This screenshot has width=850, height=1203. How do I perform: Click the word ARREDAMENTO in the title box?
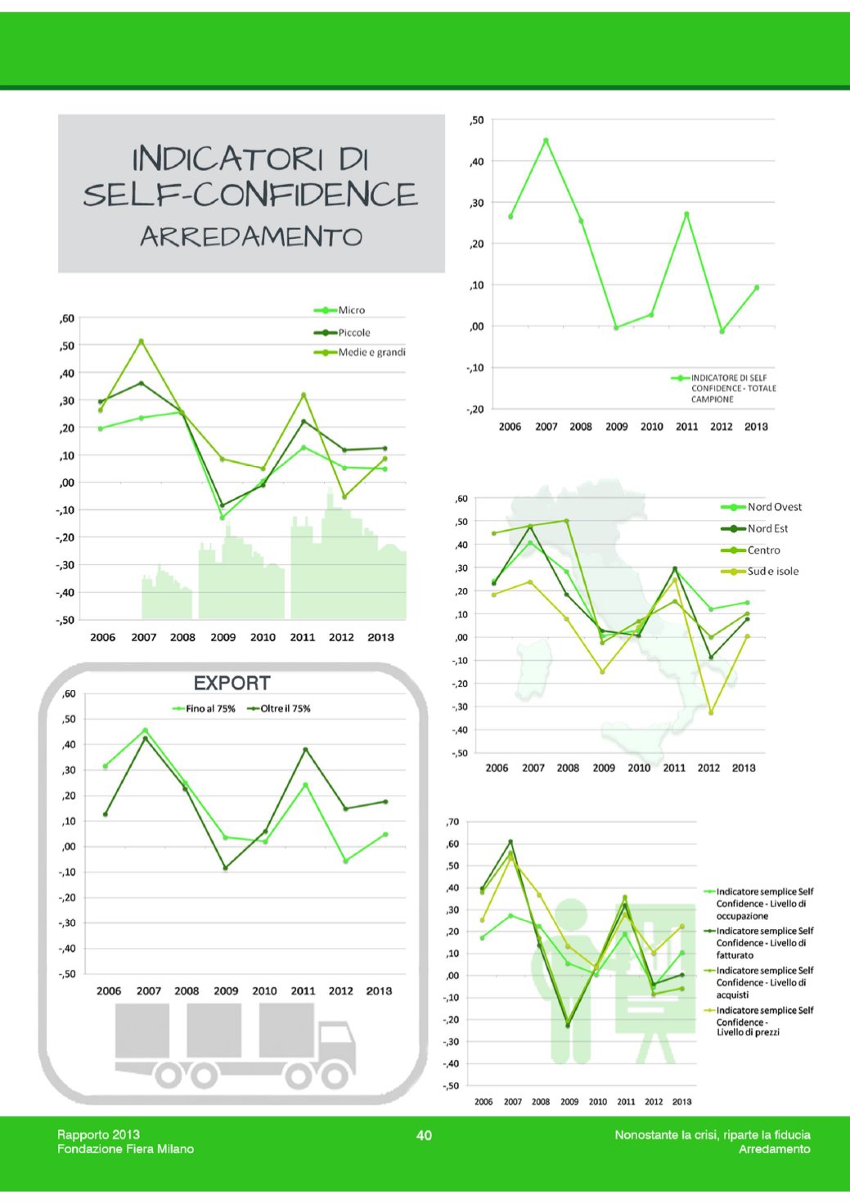point(251,236)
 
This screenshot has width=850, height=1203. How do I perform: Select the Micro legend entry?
point(351,310)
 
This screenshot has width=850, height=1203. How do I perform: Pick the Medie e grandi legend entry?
point(371,352)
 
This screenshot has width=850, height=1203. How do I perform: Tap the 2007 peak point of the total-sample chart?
point(546,141)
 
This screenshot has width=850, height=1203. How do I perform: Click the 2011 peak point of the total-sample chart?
point(686,214)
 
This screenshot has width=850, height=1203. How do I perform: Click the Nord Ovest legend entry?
point(774,507)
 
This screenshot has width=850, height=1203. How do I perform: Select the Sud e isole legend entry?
point(772,572)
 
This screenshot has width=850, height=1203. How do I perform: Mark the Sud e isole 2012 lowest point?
point(711,712)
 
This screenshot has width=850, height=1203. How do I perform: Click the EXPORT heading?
point(232,683)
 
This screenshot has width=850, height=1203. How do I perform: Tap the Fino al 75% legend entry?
point(209,709)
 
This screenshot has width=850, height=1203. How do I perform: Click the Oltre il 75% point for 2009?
point(226,868)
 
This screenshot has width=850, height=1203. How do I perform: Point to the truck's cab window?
point(335,1035)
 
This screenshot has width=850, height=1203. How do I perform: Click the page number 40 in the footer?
point(424,1135)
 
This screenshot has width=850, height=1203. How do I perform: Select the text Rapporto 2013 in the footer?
point(98,1134)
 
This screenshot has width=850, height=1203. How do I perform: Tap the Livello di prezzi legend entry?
point(764,1021)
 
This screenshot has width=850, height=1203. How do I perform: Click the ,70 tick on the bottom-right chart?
point(452,822)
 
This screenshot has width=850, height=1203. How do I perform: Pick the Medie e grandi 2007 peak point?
point(141,341)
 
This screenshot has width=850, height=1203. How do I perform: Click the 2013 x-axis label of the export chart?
point(379,990)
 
